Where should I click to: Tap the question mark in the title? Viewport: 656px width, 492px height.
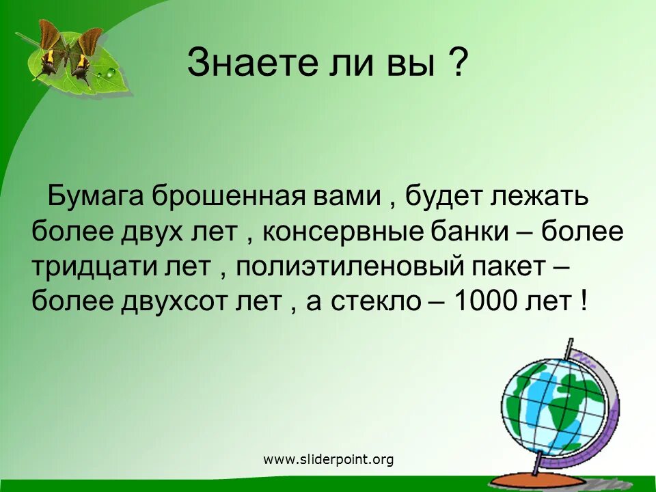(459, 64)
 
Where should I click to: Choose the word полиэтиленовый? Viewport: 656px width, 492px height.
(354, 266)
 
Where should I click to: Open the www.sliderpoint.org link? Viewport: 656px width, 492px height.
(329, 460)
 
